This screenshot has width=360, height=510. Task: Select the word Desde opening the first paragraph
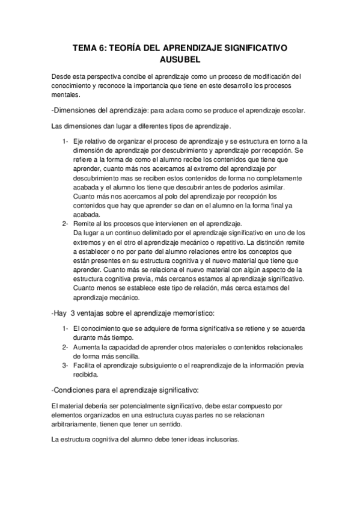62,77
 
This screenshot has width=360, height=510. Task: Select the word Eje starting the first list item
79,141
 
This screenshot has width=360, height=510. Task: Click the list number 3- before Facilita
65,365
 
